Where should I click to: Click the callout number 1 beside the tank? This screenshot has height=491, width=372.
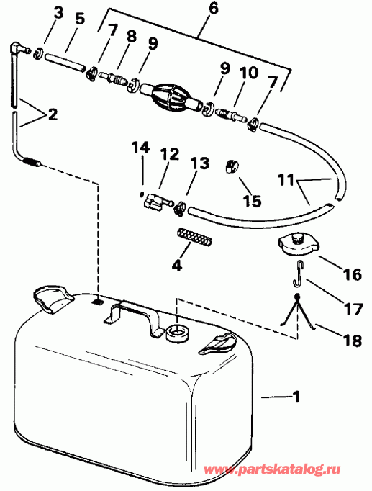295,397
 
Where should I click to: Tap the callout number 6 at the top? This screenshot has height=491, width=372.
213,9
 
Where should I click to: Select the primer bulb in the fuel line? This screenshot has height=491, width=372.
170,96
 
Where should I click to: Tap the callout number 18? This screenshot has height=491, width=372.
353,340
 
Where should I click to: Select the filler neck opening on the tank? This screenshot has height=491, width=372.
178,333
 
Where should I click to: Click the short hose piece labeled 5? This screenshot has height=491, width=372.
65,62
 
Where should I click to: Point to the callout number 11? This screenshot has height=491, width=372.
286,181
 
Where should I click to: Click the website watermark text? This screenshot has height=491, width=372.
272,469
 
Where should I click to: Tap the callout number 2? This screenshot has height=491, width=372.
53,114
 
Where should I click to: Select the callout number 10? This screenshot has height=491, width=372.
249,73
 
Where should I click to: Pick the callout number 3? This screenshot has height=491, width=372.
58,13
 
